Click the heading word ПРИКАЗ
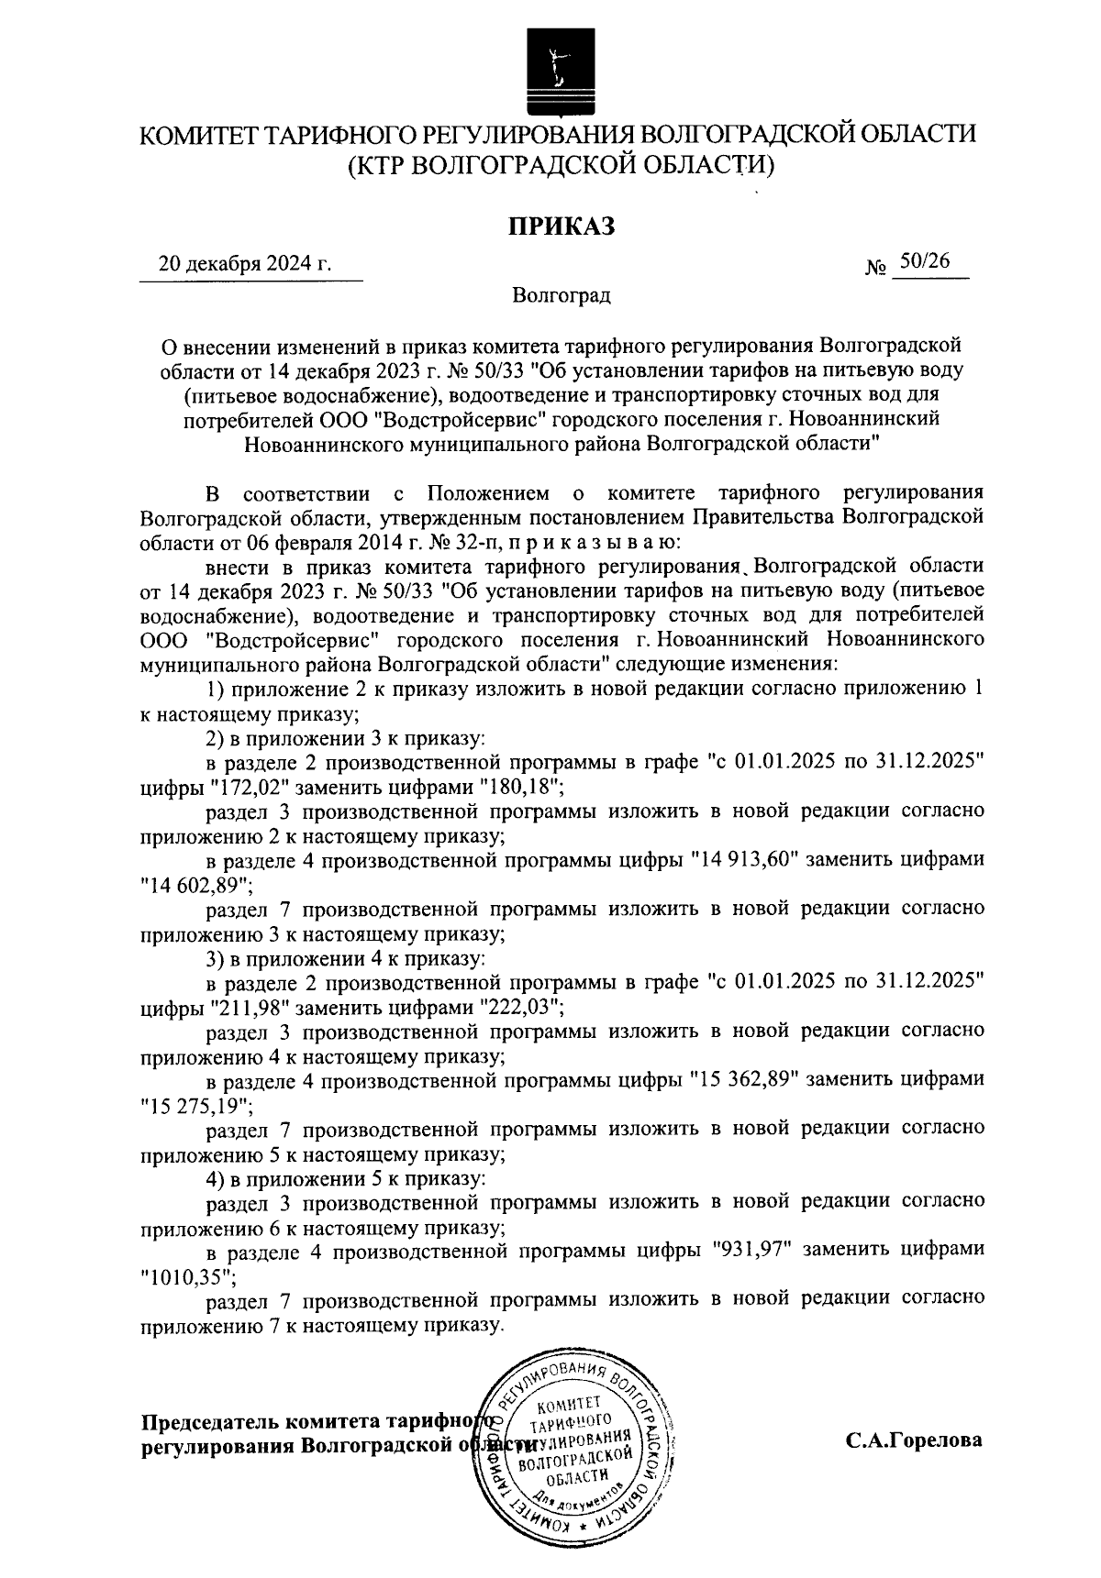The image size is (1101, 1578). click(x=562, y=226)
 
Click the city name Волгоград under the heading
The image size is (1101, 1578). click(x=562, y=296)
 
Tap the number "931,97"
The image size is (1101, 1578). click(x=754, y=1250)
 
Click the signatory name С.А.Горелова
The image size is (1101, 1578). click(x=914, y=1440)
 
